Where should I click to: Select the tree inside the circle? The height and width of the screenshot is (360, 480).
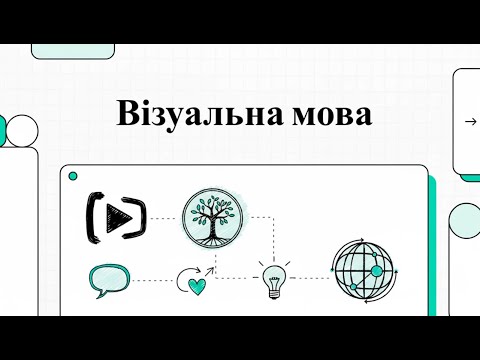(x=213, y=213)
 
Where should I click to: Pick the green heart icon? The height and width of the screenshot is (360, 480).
(x=198, y=284)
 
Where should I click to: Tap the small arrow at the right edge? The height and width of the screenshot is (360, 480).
(x=470, y=122)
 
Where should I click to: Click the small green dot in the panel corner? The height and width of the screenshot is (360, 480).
(x=72, y=177)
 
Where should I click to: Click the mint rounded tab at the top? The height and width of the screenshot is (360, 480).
(x=66, y=51)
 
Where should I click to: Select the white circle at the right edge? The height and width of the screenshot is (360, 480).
(x=466, y=221)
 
